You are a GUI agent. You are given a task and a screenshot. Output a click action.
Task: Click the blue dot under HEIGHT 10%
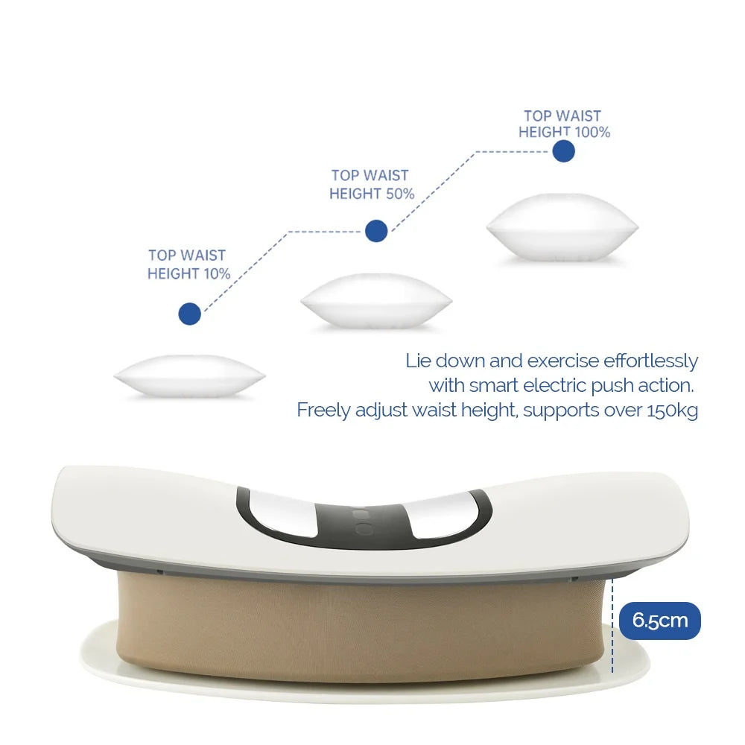point(190,314)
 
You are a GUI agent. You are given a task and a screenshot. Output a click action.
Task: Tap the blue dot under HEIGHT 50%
point(376,231)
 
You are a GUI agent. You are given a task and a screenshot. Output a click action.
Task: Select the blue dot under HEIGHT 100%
point(564,151)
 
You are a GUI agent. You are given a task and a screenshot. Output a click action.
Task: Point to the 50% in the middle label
point(399,194)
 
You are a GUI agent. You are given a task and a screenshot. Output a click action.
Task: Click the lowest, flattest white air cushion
point(189,377)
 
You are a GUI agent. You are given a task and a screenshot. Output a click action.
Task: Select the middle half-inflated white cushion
point(375,301)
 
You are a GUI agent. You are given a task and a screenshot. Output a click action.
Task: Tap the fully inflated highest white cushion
point(562,226)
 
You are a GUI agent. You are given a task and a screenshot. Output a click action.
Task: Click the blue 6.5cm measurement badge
point(660,621)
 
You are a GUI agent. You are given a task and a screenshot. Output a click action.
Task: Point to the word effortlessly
point(650,361)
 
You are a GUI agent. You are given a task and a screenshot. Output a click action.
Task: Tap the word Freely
point(321,410)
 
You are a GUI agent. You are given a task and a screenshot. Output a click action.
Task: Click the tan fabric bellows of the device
point(358,626)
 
